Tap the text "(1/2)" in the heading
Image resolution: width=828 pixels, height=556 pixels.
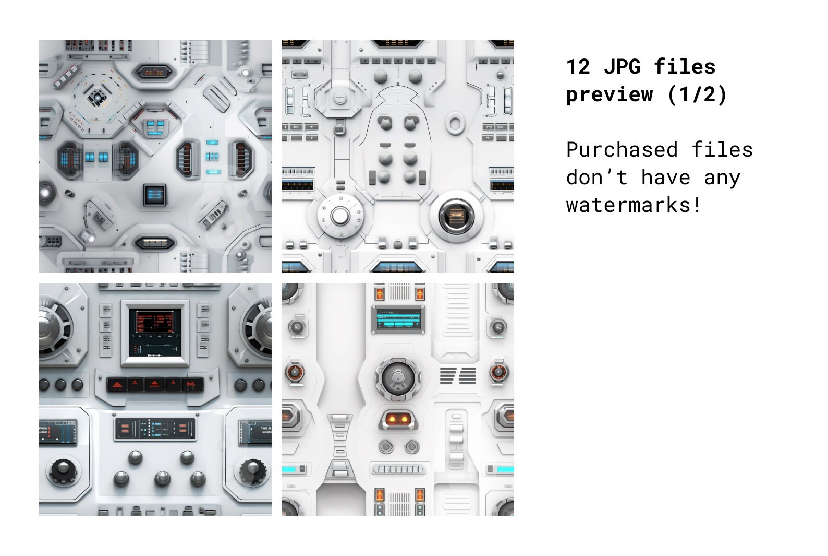697,94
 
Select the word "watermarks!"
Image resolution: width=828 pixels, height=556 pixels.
634,205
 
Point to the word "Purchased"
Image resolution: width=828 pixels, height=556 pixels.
622,150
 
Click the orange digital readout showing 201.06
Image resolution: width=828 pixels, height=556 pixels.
154,73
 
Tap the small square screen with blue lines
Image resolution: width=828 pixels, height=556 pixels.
155,194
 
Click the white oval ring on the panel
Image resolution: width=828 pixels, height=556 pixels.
455,123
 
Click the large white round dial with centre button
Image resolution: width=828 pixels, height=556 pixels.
340,215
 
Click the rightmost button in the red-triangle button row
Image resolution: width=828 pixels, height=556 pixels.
192,384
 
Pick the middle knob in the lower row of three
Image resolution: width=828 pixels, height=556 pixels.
162,479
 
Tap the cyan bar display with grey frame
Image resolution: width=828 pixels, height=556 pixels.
398,319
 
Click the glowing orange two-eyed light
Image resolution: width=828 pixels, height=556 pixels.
398,418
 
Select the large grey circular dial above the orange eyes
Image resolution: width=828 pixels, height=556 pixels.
398,378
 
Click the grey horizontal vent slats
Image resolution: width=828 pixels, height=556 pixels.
458,375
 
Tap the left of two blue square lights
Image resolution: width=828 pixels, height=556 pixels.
90,157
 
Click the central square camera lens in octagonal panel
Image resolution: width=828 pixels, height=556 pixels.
96,97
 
